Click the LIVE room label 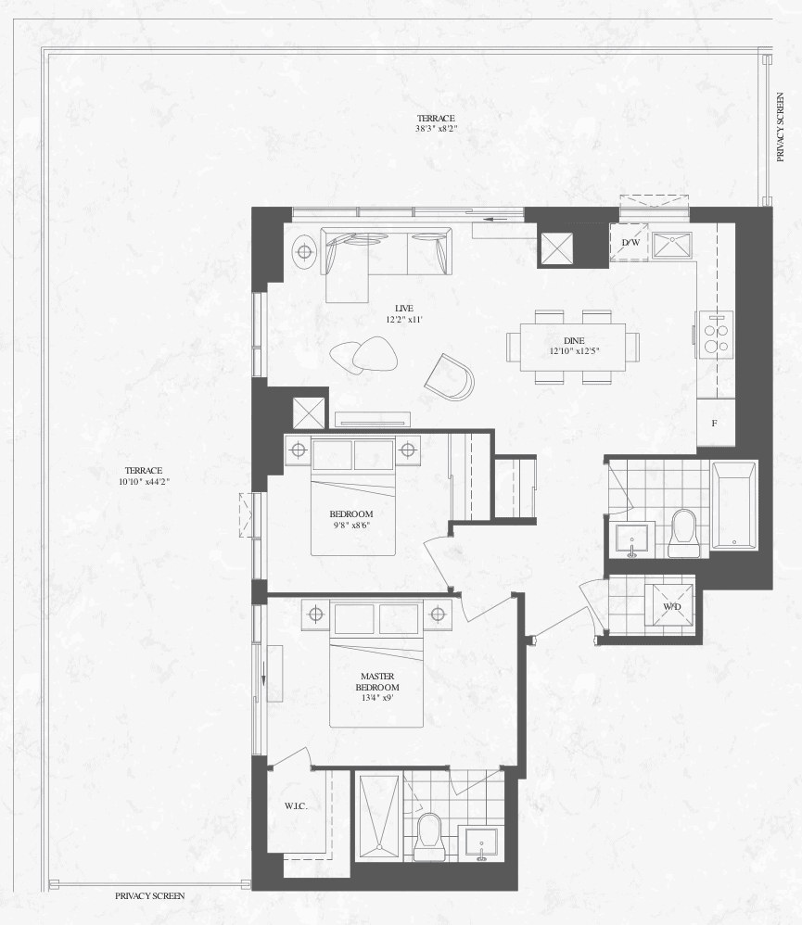click(404, 309)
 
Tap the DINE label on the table click(574, 341)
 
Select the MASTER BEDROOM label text click(377, 682)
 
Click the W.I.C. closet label click(296, 806)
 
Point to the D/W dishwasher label click(630, 243)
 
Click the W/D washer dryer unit click(671, 606)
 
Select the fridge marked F click(715, 423)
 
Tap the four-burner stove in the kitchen click(716, 334)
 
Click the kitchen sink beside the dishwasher click(671, 245)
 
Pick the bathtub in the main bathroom click(734, 505)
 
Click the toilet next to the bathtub click(683, 534)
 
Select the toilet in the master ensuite click(428, 837)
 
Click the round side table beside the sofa click(304, 252)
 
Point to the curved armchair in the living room click(450, 377)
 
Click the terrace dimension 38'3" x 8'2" click(436, 129)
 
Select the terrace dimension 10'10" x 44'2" click(144, 481)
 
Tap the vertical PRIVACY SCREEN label click(780, 127)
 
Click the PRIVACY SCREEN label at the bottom click(150, 896)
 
